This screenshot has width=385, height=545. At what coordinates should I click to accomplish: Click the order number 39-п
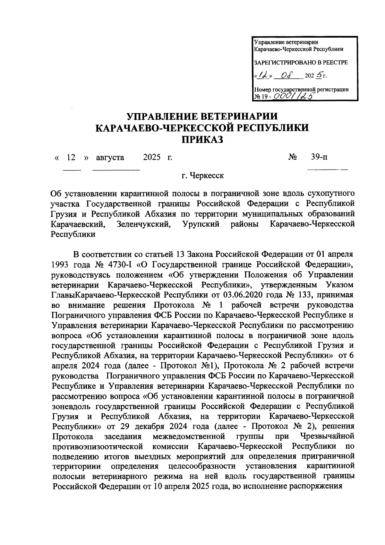click(319, 157)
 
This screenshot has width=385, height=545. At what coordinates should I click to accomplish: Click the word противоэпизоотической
click(97, 446)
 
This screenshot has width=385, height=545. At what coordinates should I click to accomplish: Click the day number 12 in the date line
click(71, 158)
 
